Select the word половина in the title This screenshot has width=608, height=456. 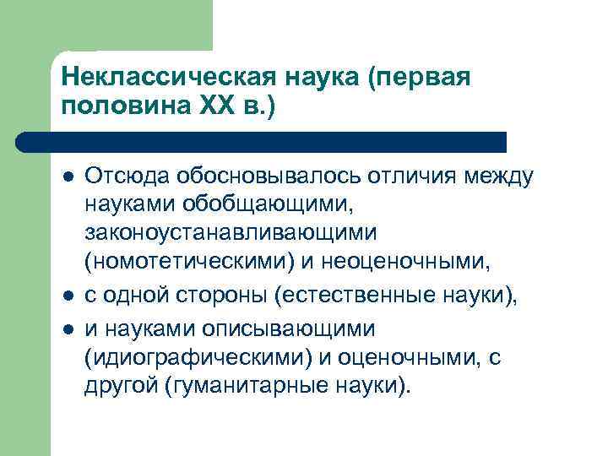122,108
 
